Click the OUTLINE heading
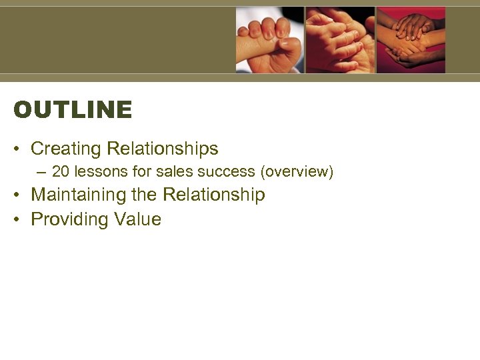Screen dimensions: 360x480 pyautogui.click(x=73, y=110)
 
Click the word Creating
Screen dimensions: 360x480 pyautogui.click(x=66, y=149)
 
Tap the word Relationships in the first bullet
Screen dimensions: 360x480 pyautogui.click(x=163, y=149)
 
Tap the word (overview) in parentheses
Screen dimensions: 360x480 pyautogui.click(x=297, y=171)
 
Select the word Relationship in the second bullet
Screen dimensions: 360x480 pyautogui.click(x=214, y=195)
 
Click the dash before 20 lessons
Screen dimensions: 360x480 pyautogui.click(x=42, y=172)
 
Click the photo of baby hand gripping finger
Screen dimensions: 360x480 pyautogui.click(x=270, y=40)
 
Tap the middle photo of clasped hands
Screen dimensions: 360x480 pyautogui.click(x=340, y=40)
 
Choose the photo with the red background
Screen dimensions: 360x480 pyautogui.click(x=411, y=40)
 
